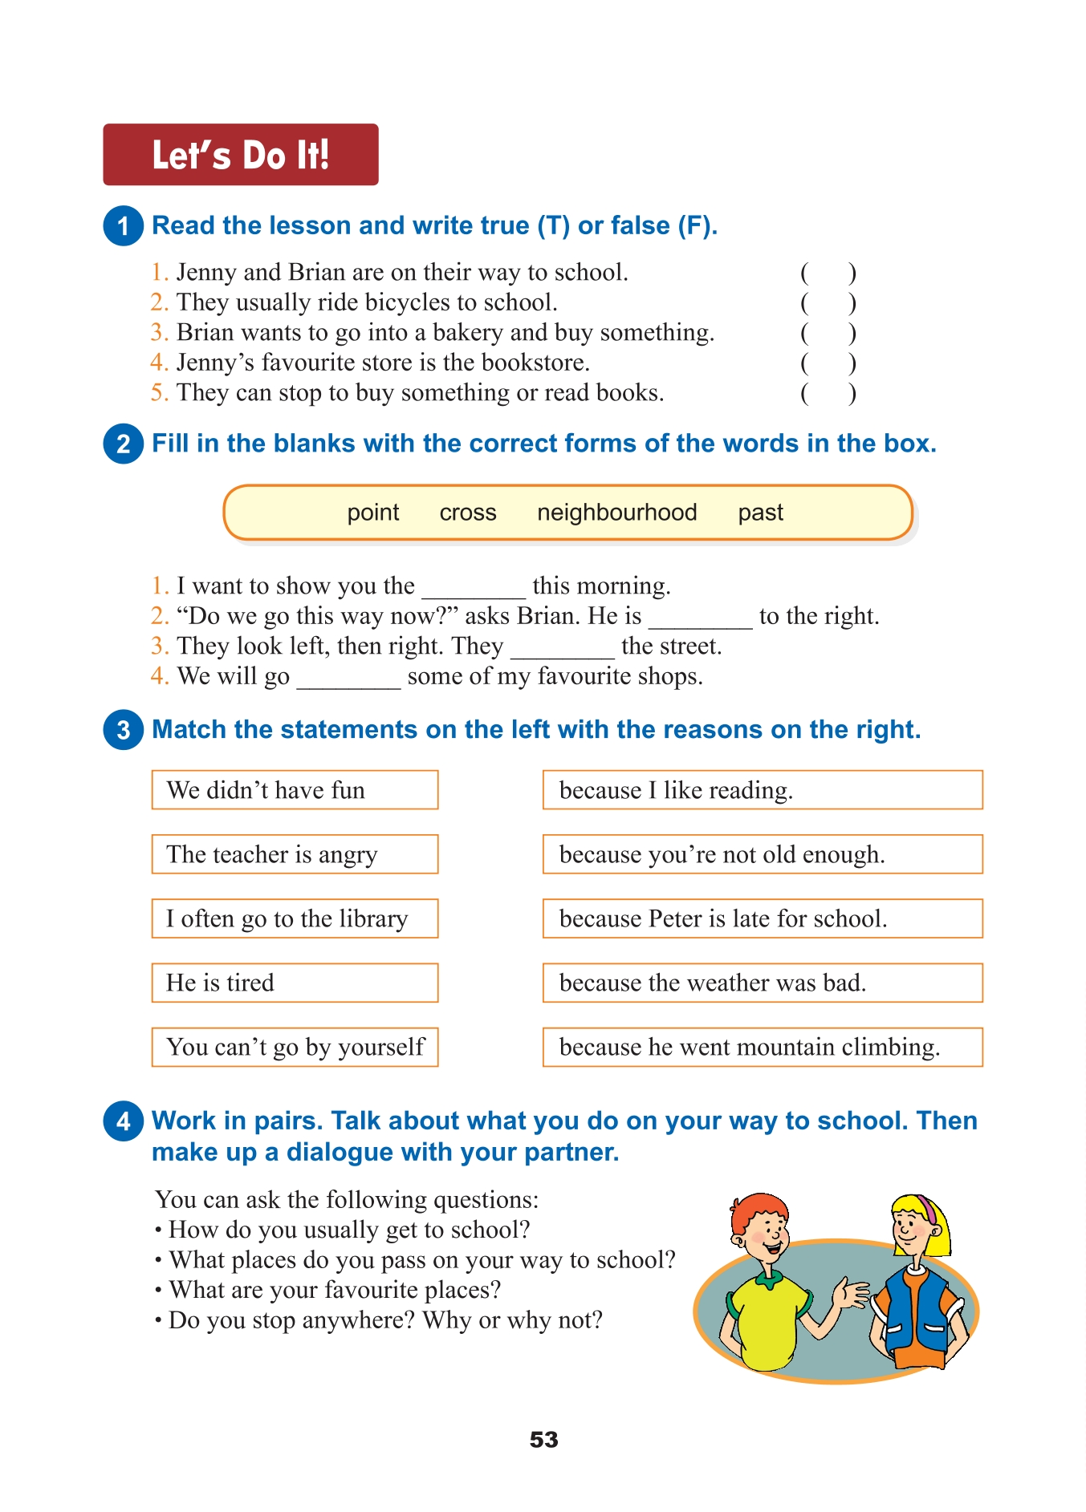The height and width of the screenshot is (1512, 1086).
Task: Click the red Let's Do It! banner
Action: (x=240, y=155)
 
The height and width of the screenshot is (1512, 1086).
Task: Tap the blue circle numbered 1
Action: (x=123, y=225)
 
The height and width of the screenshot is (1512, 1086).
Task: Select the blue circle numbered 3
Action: (x=123, y=730)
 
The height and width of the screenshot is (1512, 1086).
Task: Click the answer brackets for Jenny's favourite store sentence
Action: (x=828, y=363)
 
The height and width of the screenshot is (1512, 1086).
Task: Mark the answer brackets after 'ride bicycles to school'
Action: (x=828, y=303)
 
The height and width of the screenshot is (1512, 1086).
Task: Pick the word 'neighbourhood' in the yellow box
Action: (x=616, y=513)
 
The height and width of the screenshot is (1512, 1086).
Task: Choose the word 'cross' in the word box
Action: (x=468, y=513)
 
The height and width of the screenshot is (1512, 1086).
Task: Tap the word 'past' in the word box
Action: (x=760, y=513)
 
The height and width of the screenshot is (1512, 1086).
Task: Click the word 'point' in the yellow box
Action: (x=373, y=513)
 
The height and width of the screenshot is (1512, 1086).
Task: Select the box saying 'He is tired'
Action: (x=295, y=983)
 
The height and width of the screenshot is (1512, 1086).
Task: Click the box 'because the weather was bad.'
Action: (x=762, y=983)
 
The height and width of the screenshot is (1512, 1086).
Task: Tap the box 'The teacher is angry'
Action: (x=295, y=854)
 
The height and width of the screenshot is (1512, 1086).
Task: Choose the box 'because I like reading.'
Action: (x=762, y=790)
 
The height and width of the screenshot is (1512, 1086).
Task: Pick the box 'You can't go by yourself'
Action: (x=295, y=1047)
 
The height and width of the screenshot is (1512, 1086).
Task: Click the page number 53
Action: (x=543, y=1440)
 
